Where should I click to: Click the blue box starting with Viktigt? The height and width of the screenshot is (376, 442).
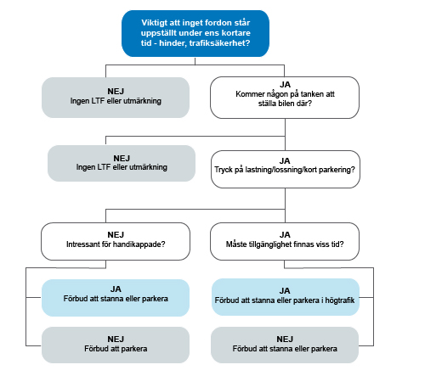195,34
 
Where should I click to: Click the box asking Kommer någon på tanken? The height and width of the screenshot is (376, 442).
285,98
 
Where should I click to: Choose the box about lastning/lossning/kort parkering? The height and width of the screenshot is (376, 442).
286,169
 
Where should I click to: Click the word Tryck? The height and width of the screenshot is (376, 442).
224,170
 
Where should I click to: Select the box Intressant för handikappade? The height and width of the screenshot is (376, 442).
116,241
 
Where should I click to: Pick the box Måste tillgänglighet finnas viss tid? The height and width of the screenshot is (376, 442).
285,241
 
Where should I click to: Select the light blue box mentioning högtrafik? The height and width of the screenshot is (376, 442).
286,297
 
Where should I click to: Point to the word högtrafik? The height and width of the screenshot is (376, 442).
339,300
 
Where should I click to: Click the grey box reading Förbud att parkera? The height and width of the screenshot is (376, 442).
116,345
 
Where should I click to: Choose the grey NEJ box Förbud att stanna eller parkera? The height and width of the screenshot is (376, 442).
285,345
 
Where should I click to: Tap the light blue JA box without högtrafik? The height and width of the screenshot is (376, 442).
116,298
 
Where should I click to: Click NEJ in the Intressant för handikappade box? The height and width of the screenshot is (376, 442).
116,235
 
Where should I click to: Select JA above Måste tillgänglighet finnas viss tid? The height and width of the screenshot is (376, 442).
285,235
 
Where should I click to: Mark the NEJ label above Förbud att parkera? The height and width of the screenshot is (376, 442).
116,339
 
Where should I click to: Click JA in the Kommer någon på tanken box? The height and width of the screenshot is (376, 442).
285,85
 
